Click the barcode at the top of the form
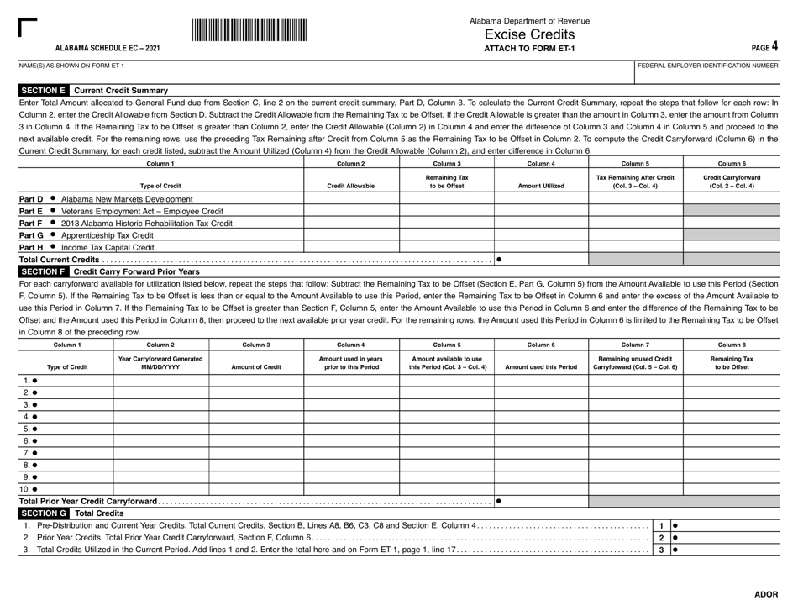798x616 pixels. click(249, 30)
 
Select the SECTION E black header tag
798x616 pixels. click(43, 90)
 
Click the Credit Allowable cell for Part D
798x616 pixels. click(350, 199)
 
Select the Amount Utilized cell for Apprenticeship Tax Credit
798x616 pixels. click(540, 236)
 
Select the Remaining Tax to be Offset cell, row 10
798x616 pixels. click(731, 488)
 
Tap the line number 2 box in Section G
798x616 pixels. click(661, 537)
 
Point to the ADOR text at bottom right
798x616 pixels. click(765, 594)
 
